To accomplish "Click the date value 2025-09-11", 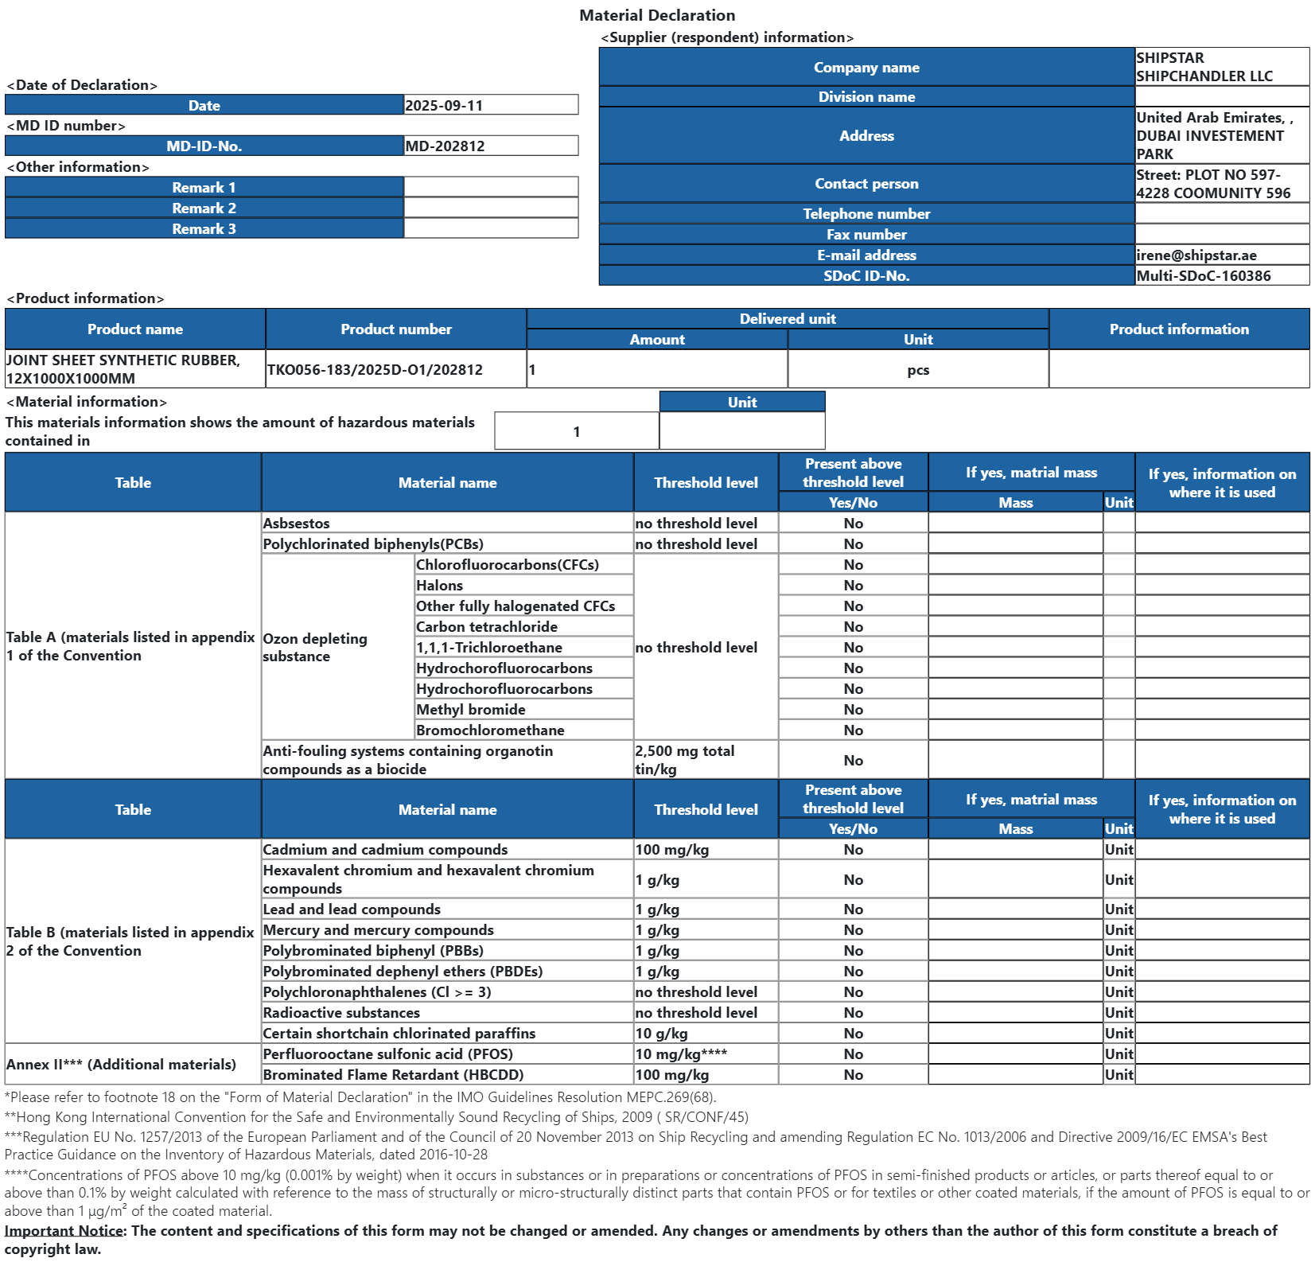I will [444, 105].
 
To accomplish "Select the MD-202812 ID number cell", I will [445, 146].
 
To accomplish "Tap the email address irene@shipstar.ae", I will [1196, 255].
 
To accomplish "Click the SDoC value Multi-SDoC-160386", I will [1203, 275].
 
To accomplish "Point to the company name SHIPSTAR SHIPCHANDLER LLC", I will [1204, 67].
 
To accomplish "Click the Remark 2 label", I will [204, 208].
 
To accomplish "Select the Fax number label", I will [866, 234].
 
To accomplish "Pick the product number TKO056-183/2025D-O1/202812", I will [375, 369].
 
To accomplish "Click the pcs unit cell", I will [918, 370].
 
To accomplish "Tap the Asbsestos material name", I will [296, 523].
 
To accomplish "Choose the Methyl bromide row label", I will [470, 709].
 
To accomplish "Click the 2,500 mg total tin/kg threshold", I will [684, 759].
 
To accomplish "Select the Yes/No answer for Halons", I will [853, 585].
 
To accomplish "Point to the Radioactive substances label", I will [341, 1012].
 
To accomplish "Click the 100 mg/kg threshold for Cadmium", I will [671, 849].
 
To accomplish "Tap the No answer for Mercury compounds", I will [853, 929].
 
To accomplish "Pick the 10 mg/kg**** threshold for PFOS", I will [680, 1054].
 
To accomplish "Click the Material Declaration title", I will [657, 15].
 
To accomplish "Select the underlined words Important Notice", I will [64, 1230].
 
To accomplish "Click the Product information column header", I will [1178, 329].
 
